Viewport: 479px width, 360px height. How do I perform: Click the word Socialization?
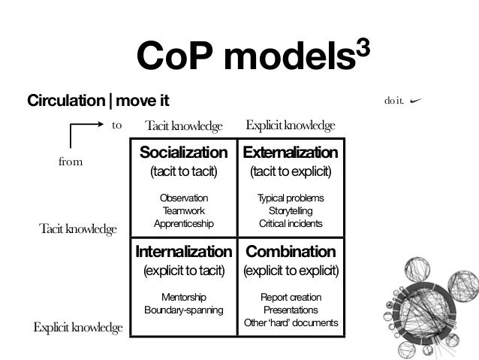point(183,153)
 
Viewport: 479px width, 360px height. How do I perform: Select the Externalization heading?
point(291,153)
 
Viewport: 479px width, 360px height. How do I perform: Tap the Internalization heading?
point(183,251)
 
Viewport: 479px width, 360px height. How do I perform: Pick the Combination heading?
point(291,251)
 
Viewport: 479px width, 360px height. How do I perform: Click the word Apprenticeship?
point(183,223)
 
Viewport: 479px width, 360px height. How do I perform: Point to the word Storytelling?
point(291,210)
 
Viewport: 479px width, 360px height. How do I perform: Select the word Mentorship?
point(183,297)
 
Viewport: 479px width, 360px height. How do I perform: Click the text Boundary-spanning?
point(183,310)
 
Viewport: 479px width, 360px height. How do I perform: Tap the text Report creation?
point(291,297)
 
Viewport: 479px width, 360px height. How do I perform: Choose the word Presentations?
point(291,310)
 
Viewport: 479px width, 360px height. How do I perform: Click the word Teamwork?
point(183,210)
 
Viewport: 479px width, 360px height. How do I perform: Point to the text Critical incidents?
point(291,223)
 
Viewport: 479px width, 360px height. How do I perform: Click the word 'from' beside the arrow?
point(70,161)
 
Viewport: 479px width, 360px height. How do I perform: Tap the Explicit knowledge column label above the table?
point(290,124)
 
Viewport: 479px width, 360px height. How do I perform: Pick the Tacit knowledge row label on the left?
point(78,228)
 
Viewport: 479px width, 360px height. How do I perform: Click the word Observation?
point(183,198)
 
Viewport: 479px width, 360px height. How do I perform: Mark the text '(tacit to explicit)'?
point(291,172)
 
